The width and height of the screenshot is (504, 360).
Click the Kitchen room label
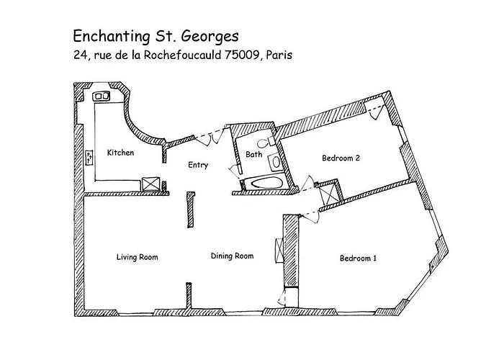tap(120, 153)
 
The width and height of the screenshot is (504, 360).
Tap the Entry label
tap(198, 165)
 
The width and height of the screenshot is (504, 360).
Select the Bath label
tap(254, 154)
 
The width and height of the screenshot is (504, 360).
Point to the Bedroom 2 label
tap(341, 158)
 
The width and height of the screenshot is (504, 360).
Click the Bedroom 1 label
tap(358, 258)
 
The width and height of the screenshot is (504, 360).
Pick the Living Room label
tap(138, 257)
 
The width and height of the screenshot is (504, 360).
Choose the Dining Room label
tap(232, 256)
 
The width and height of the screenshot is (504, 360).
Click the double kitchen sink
tap(102, 96)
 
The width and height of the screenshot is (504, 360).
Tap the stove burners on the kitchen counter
tap(90, 158)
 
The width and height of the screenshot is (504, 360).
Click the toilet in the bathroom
tap(266, 142)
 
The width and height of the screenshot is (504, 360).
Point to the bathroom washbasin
tap(275, 162)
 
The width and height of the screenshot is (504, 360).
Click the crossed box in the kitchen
tap(150, 184)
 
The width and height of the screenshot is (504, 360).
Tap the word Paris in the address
tap(279, 55)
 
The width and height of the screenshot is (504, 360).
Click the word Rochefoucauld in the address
tap(182, 55)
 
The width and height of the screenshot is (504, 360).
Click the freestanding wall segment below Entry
tap(191, 210)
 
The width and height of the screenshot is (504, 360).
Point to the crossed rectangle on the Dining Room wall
tap(279, 251)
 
